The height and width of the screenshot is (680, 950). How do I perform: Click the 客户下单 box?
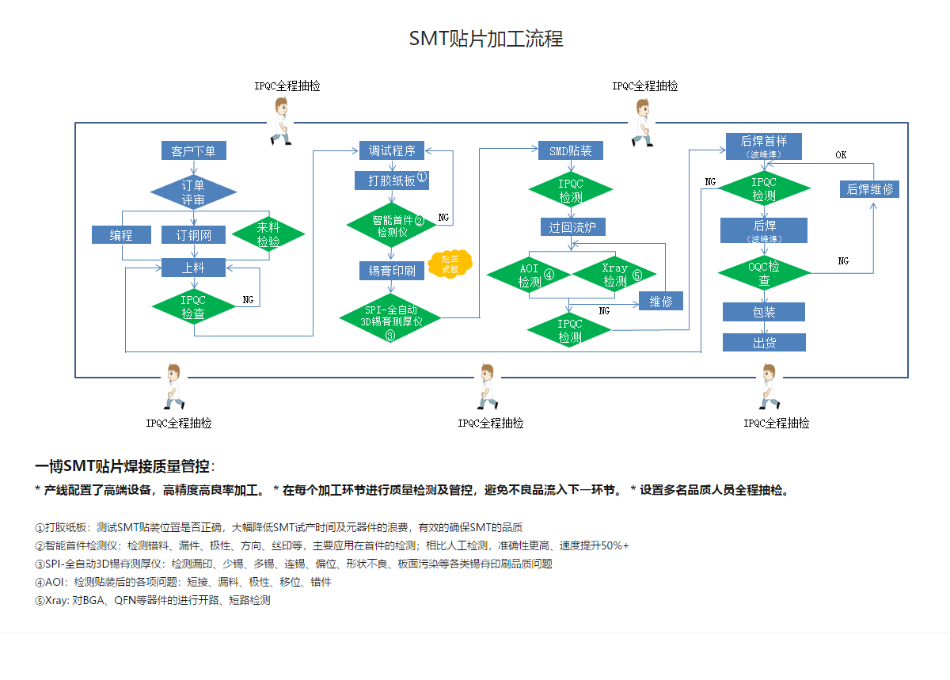(193, 150)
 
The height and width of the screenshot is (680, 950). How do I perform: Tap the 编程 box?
(121, 235)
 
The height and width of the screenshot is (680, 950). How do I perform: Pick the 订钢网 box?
(193, 235)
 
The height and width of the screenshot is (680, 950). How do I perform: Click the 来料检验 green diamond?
(268, 234)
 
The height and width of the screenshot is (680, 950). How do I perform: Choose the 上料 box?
(193, 268)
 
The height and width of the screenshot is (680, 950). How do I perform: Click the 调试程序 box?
(392, 150)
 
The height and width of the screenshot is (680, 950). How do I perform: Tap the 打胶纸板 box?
(392, 180)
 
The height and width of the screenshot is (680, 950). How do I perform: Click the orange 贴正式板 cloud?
(450, 264)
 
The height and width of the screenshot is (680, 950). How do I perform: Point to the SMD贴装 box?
(570, 150)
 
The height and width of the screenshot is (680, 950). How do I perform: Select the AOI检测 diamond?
(530, 274)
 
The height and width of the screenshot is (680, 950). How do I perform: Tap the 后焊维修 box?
(869, 189)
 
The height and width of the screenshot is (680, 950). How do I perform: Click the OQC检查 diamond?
(764, 273)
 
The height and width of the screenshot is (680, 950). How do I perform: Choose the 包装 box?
(763, 312)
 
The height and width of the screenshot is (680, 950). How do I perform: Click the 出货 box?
(763, 343)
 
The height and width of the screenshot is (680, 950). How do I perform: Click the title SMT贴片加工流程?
(486, 39)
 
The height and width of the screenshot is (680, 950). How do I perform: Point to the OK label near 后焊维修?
(841, 155)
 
